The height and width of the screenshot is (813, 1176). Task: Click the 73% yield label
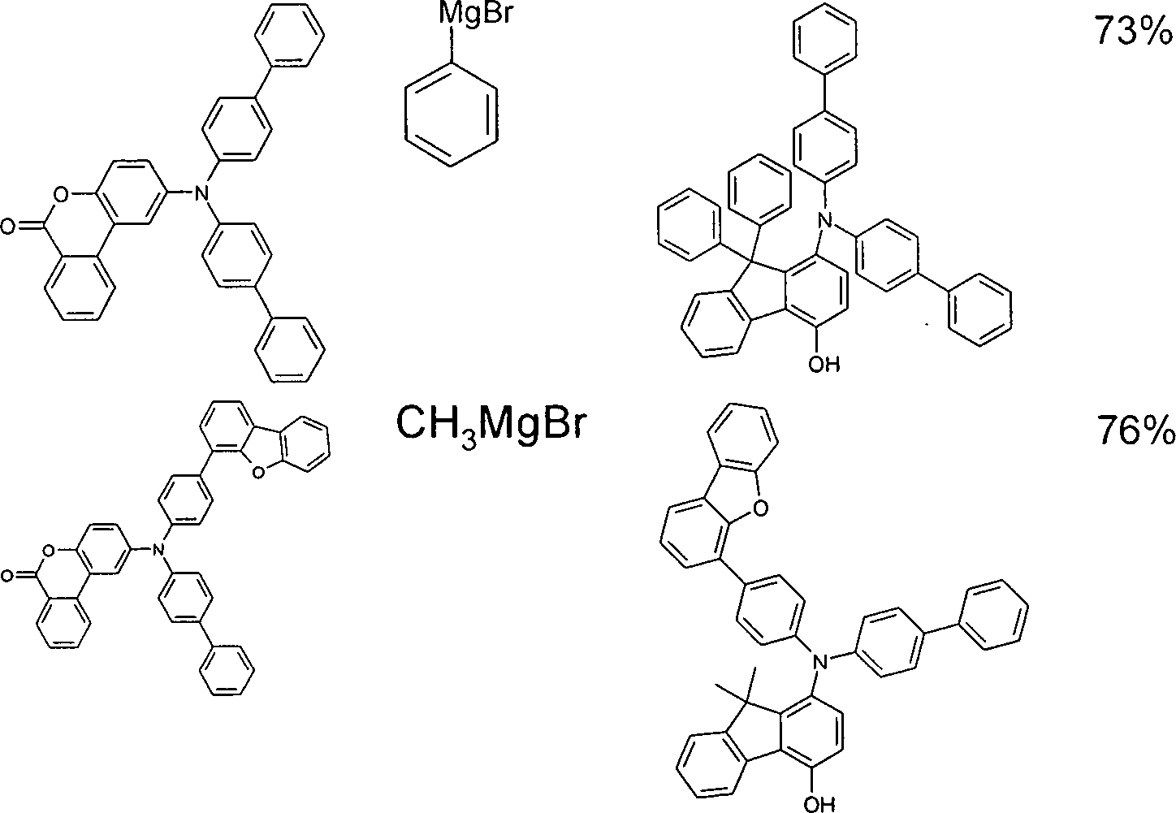coord(1133,30)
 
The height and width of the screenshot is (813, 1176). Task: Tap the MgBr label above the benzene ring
coord(474,14)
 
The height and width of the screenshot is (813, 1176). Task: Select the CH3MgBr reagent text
coord(489,424)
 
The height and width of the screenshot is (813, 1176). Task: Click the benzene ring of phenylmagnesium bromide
coord(451,115)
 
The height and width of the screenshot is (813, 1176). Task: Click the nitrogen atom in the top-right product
coord(826,218)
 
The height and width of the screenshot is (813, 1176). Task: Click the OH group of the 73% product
coord(824,364)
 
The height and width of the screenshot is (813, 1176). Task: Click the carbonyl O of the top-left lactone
coord(8,227)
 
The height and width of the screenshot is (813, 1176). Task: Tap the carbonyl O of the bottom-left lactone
coord(6,577)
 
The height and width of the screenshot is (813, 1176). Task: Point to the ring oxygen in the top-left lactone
coord(62,195)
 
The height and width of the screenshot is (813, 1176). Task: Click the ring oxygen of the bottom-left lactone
coord(49,550)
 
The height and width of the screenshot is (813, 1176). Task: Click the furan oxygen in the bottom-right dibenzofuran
coord(759,508)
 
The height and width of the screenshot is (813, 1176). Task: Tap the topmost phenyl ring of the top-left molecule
coord(289,36)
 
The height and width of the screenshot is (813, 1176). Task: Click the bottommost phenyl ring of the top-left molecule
coord(289,350)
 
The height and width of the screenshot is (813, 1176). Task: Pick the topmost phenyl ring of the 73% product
coord(826,37)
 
